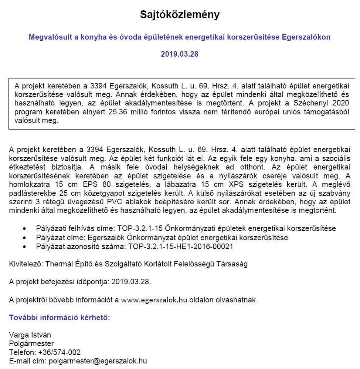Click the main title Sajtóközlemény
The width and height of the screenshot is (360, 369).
(x=180, y=15)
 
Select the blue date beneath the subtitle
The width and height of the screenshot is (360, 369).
(x=180, y=54)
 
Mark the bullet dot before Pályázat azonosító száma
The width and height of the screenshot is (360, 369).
(x=24, y=247)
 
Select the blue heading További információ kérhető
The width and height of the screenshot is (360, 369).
(x=60, y=318)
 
